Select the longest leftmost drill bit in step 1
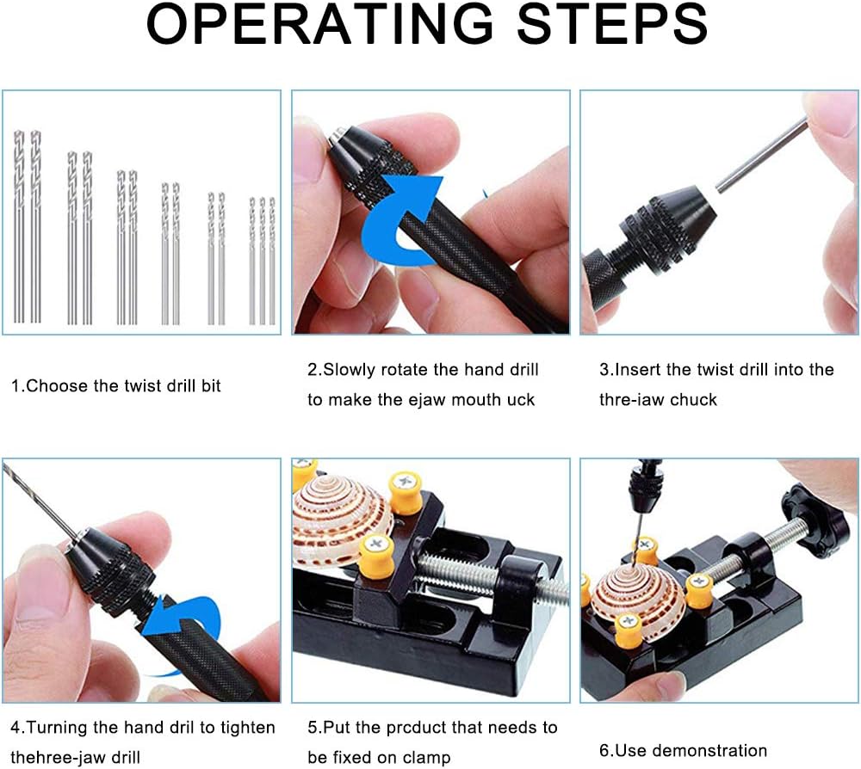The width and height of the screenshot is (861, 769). click(x=19, y=228)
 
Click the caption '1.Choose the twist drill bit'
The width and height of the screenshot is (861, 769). click(x=115, y=386)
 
